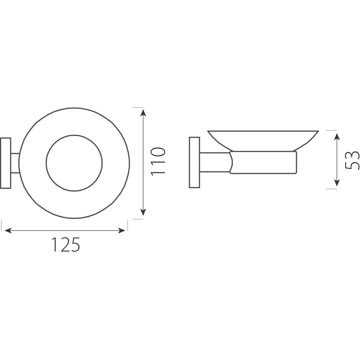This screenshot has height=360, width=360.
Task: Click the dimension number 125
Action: (x=66, y=244)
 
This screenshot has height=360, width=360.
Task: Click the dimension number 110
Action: (x=158, y=162)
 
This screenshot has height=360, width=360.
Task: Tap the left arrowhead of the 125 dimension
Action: (x=8, y=230)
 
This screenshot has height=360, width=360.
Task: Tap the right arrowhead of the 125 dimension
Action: (x=121, y=230)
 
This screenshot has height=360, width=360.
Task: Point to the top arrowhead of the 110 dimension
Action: (x=143, y=113)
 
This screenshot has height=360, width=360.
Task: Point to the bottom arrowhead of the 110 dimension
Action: (x=143, y=212)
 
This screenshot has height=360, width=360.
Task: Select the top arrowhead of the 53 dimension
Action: (x=337, y=137)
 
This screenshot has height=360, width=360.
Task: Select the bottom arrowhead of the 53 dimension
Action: (x=337, y=182)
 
